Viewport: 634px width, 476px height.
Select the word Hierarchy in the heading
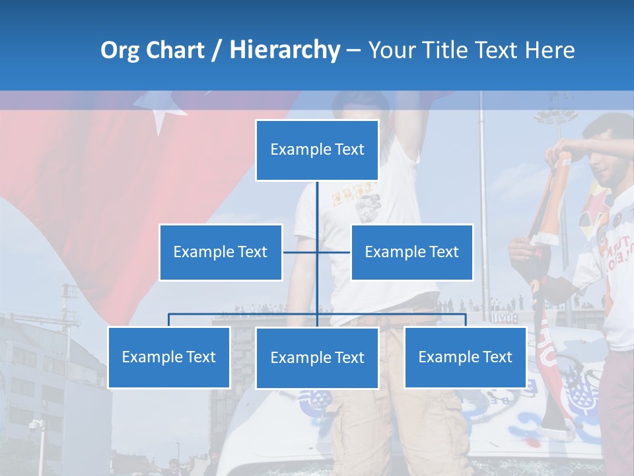[x=284, y=50]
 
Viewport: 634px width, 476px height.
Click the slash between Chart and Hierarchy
[x=217, y=51]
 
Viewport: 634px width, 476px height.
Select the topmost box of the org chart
[x=317, y=150]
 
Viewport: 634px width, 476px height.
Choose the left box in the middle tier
[x=221, y=252]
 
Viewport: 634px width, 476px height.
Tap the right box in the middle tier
[x=412, y=252]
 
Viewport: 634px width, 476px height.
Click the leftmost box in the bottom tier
[x=169, y=357]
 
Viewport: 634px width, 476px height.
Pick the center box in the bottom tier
[x=317, y=358]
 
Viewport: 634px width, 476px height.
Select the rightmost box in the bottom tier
[x=465, y=357]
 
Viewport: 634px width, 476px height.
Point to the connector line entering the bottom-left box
[x=169, y=320]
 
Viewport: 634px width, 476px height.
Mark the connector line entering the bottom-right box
[x=465, y=320]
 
